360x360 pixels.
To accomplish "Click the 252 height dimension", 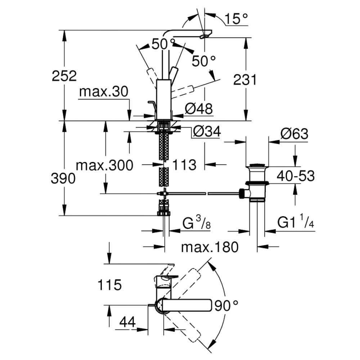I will point(64,76).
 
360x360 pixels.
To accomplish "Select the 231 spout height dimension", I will point(245,79).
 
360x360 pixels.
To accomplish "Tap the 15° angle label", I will point(236,19).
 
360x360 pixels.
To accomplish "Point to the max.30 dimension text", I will point(104,93).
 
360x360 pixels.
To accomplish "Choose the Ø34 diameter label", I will point(206,132).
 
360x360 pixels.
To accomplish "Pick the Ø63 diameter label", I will point(294,134).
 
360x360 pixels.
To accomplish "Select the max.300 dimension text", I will point(104,166).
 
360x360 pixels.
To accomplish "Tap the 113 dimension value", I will point(184,165).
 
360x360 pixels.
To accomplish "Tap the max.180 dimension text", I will point(210,247).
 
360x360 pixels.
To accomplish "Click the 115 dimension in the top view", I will point(109,285).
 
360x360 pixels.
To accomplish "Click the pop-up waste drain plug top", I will point(257,166).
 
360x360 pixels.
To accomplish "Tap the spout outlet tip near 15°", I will point(206,36).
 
